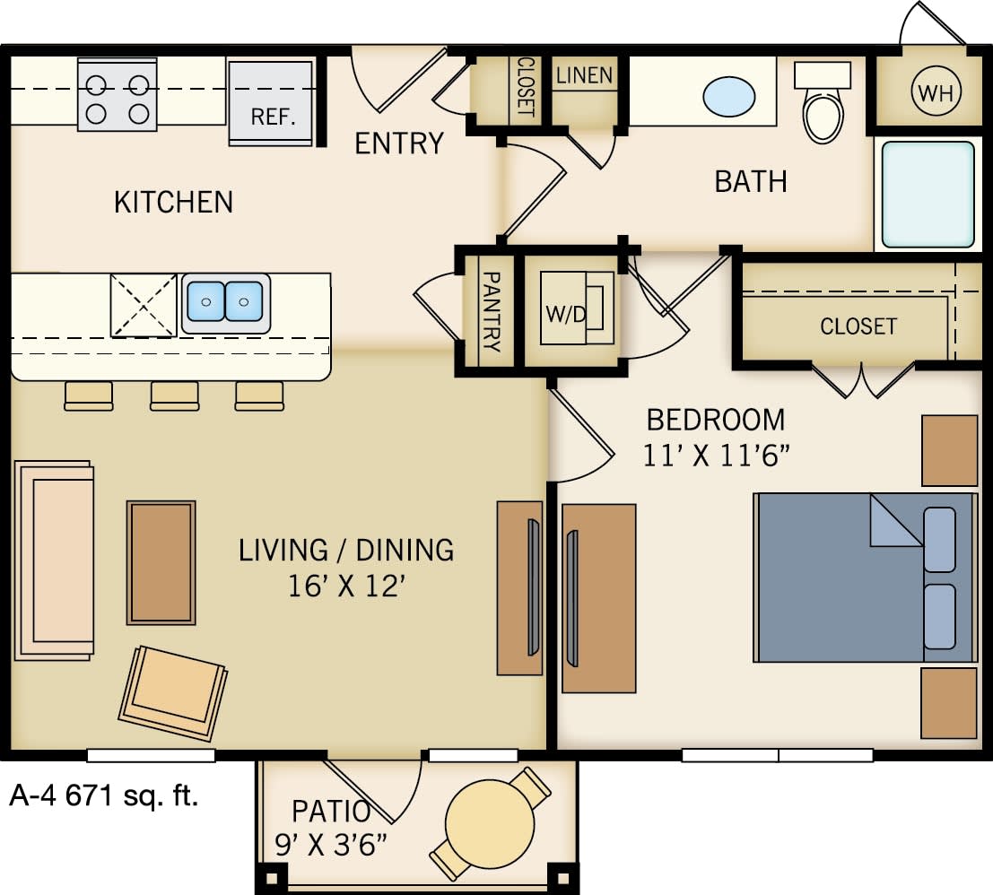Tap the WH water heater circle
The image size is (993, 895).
click(x=936, y=91)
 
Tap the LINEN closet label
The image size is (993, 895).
click(x=584, y=75)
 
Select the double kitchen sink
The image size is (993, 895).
click(x=226, y=301)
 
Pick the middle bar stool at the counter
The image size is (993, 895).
click(x=174, y=395)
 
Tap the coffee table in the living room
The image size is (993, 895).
click(x=161, y=562)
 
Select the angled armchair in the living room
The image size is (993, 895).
click(x=173, y=691)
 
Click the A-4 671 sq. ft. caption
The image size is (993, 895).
click(x=103, y=795)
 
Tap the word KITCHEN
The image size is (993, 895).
click(x=173, y=202)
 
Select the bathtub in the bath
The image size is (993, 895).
click(x=928, y=194)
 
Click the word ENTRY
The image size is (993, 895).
click(x=399, y=143)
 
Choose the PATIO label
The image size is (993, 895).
click(x=331, y=812)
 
